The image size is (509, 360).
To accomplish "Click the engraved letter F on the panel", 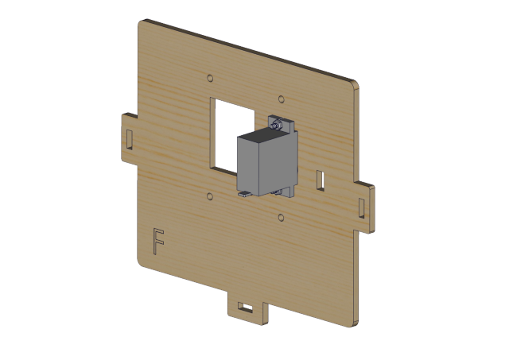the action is [158, 242].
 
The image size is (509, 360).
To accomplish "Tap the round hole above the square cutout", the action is [210, 78].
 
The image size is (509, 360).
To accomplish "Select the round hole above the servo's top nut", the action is [282, 99].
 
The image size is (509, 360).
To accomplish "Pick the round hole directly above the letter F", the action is [210, 196].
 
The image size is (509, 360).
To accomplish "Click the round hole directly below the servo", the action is [281, 217].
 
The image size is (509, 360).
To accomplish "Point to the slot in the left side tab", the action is [129, 139].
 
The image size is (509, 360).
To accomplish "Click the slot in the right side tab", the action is [362, 208].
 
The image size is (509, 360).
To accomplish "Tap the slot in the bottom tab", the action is [246, 307].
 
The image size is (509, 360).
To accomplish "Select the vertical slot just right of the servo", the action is [321, 180].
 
